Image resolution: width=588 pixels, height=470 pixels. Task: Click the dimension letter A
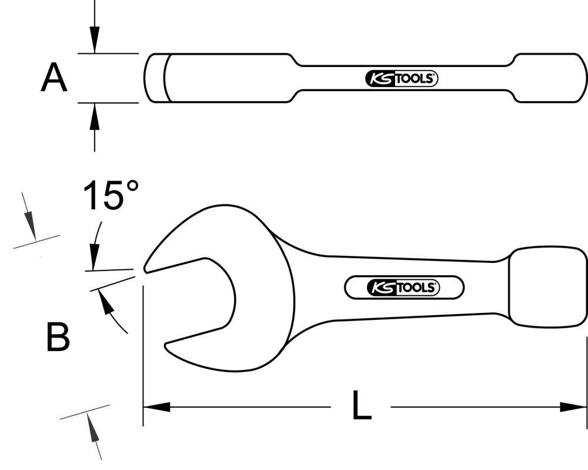click(54, 79)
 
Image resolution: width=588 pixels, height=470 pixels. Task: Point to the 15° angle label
click(111, 196)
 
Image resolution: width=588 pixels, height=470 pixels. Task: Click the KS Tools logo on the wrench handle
click(403, 288)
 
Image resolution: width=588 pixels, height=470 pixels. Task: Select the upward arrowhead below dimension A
click(95, 113)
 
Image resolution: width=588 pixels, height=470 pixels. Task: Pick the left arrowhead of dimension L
click(156, 406)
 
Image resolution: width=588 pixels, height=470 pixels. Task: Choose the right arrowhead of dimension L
click(573, 406)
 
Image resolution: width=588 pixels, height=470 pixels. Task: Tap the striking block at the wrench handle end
click(547, 286)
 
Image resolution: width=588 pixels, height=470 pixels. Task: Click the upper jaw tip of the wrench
click(147, 268)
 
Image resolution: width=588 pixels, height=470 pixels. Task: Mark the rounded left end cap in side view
click(155, 78)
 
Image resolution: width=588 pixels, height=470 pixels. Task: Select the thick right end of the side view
click(550, 78)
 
